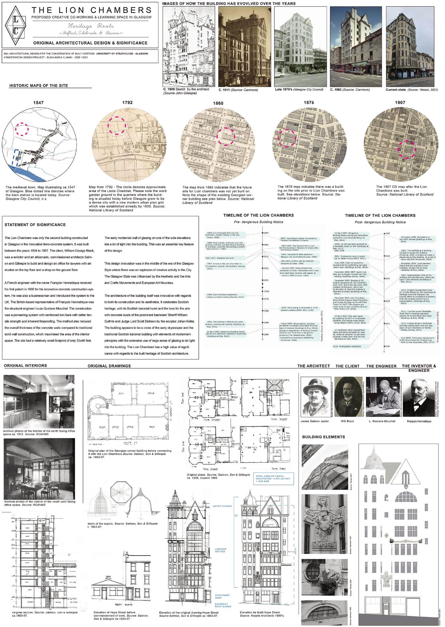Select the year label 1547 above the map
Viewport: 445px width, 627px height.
(x=39, y=103)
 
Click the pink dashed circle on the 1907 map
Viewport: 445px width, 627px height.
(x=407, y=150)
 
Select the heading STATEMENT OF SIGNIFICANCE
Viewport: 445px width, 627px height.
(x=35, y=225)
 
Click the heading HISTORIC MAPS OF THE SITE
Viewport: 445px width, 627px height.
(x=39, y=85)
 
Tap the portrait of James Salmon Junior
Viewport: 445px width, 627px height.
(x=315, y=397)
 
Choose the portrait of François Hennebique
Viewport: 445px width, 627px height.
(x=419, y=397)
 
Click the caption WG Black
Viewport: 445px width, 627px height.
(x=348, y=421)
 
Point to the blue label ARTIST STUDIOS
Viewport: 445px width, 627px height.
(x=223, y=506)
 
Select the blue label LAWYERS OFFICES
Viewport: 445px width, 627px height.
(x=220, y=550)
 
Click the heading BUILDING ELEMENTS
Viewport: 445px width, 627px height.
(x=324, y=437)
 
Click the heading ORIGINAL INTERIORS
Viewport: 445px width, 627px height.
(x=26, y=366)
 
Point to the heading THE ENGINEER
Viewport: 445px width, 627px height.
(x=381, y=366)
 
